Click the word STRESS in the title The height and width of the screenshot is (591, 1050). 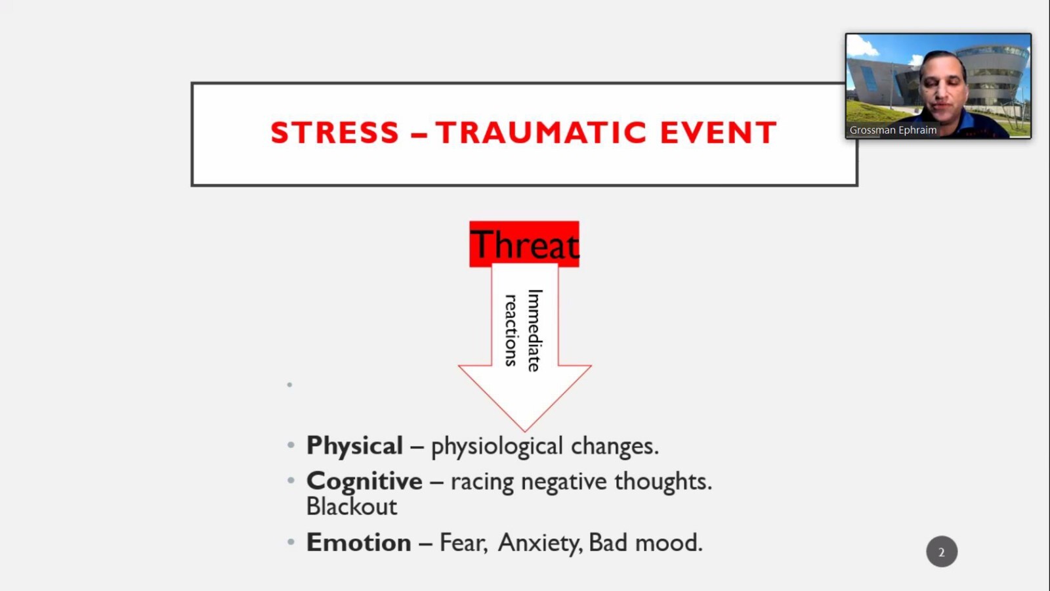335,132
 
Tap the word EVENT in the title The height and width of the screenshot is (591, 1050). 719,132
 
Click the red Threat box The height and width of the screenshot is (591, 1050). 524,244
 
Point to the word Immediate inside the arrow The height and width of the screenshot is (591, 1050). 535,331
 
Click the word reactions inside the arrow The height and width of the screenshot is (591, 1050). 511,331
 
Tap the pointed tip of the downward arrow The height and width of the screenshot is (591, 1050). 525,431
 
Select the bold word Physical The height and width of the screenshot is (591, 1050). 354,446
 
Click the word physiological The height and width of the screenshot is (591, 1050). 497,447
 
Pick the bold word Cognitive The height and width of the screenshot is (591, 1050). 364,482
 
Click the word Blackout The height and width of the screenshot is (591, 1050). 352,506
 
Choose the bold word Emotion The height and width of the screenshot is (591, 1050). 358,542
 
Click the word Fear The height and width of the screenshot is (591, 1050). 463,543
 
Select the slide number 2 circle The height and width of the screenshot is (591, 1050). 942,552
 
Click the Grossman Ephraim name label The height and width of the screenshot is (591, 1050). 893,130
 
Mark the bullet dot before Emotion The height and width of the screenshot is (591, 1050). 291,542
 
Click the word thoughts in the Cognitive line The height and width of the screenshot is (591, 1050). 663,482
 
